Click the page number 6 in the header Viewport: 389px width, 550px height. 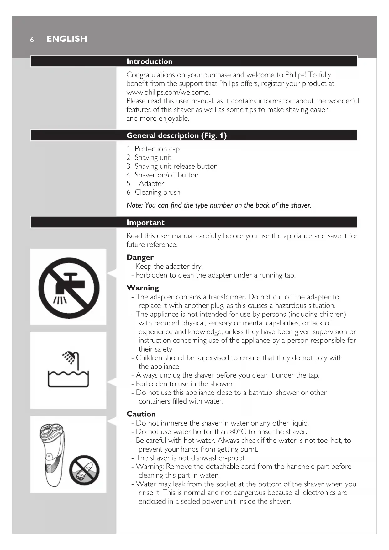tap(32, 40)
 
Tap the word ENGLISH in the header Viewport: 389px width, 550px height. tap(67, 39)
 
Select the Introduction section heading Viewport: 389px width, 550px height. tap(149, 61)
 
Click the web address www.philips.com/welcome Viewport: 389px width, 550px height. tap(168, 93)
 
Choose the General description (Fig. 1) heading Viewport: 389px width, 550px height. tap(176, 135)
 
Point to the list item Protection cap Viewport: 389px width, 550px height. tap(157, 149)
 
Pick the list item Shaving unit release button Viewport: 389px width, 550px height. tap(176, 166)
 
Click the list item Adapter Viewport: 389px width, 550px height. tap(151, 184)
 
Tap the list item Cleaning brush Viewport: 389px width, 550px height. tap(157, 192)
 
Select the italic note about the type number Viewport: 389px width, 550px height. tap(219, 205)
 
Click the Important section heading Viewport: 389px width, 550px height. tap(145, 223)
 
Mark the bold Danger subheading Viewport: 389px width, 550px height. tap(140, 257)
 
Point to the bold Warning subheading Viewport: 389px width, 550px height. tap(143, 288)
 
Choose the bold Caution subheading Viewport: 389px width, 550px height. tap(141, 414)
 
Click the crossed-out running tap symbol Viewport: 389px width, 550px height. tap(69, 288)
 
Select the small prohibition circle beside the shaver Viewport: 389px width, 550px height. tap(84, 470)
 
